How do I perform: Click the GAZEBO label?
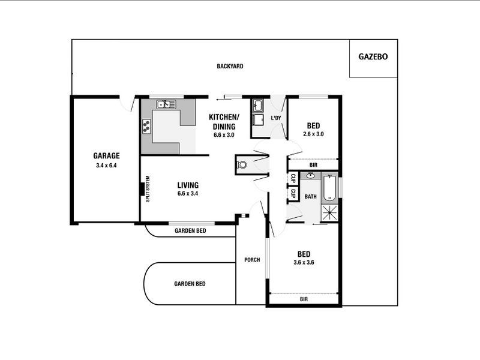pos(373,57)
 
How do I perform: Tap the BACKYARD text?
pos(230,66)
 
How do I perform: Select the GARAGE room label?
pos(106,155)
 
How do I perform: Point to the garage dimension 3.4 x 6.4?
pos(106,165)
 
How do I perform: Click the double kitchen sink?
pos(165,104)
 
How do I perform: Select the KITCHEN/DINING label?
pos(224,121)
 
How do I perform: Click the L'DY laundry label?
pos(276,118)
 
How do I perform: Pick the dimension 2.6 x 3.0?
pos(313,134)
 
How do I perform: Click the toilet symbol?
pos(242,164)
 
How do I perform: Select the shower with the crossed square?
pos(330,212)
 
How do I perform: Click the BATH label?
pos(310,197)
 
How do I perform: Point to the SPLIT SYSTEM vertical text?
pos(148,188)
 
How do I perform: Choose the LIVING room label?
pos(188,185)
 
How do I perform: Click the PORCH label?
pos(251,260)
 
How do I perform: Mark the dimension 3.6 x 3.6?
pos(304,262)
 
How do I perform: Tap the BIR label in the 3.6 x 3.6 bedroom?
pos(304,298)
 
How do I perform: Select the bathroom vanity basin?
pos(310,176)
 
